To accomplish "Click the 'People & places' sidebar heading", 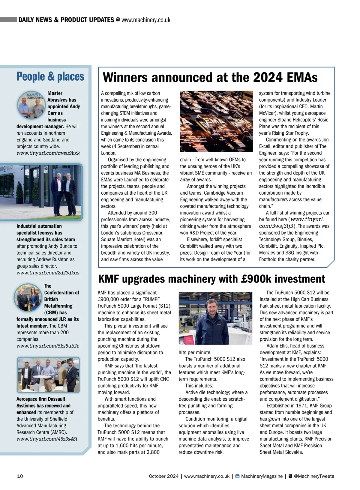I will point(50,77).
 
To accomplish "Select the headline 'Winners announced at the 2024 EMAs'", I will point(210,78).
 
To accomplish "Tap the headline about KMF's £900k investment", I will point(211,279).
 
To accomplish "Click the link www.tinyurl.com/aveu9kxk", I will point(48,153).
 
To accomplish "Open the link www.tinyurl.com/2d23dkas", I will point(48,273).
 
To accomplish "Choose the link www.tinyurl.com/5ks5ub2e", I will point(48,346).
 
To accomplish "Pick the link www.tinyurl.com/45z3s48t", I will point(47,439).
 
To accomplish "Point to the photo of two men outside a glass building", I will point(41,192).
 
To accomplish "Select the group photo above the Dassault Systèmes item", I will point(48,375).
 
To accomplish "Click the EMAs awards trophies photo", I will point(216,121).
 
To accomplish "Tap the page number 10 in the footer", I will point(20,476).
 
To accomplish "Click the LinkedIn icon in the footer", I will point(237,476).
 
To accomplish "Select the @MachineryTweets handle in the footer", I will point(314,476).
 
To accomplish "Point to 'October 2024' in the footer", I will point(163,476).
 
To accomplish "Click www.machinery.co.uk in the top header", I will point(146,20).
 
